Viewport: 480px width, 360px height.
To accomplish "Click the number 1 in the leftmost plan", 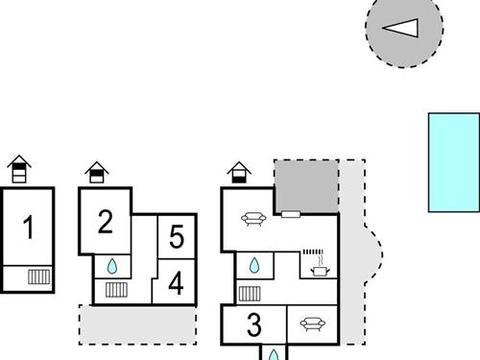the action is tap(29, 229).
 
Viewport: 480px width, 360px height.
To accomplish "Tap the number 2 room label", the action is tap(106, 223).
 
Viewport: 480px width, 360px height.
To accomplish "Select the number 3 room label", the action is tap(253, 324).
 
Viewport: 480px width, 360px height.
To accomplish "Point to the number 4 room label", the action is tap(176, 283).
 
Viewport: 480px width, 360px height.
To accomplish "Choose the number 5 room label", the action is tap(176, 236).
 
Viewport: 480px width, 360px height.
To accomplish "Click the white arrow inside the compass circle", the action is tap(400, 27).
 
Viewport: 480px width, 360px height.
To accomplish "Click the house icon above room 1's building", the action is tap(18, 171).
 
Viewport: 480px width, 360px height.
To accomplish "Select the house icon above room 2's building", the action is tap(96, 172).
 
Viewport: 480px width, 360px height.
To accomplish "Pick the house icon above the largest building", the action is tap(239, 172).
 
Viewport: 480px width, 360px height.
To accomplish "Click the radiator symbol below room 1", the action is tap(38, 277).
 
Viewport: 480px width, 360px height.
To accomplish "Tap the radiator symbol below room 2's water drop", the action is tap(116, 289).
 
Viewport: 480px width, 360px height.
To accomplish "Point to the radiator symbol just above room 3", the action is tap(250, 293).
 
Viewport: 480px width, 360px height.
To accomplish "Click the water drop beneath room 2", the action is tap(113, 265).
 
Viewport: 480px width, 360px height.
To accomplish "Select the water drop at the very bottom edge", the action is tap(273, 355).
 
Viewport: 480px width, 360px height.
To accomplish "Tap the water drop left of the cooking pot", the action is tap(254, 265).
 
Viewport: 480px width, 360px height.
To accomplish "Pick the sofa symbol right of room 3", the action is tap(311, 324).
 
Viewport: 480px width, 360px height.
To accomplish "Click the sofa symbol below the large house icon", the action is tap(253, 219).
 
